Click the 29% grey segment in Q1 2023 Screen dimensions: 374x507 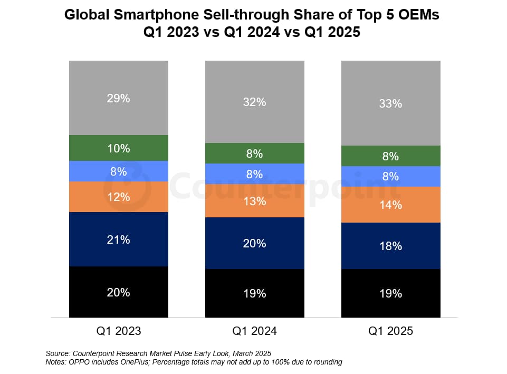[x=118, y=98]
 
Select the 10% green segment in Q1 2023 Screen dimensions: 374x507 [x=118, y=148]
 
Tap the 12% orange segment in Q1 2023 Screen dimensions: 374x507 [x=118, y=197]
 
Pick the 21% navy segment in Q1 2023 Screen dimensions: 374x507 [x=118, y=239]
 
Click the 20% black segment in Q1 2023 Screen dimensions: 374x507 [x=118, y=292]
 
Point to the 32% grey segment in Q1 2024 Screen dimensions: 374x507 [x=254, y=102]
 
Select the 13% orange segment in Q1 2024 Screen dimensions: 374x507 [x=254, y=201]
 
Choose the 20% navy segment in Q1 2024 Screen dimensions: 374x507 [x=254, y=243]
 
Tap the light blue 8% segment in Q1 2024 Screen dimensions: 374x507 [x=254, y=174]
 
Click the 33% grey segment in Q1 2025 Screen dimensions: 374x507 [x=390, y=103]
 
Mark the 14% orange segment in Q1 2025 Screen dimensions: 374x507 [x=390, y=205]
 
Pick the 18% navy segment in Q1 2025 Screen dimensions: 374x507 [x=390, y=246]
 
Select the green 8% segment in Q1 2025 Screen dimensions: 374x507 [x=390, y=156]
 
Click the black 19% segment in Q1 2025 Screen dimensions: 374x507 [x=390, y=293]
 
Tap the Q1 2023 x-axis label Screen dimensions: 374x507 [x=118, y=331]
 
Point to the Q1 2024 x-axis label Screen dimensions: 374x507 [x=254, y=331]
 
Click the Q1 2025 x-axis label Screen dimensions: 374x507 [x=390, y=331]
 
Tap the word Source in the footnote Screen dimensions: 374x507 [x=58, y=353]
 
